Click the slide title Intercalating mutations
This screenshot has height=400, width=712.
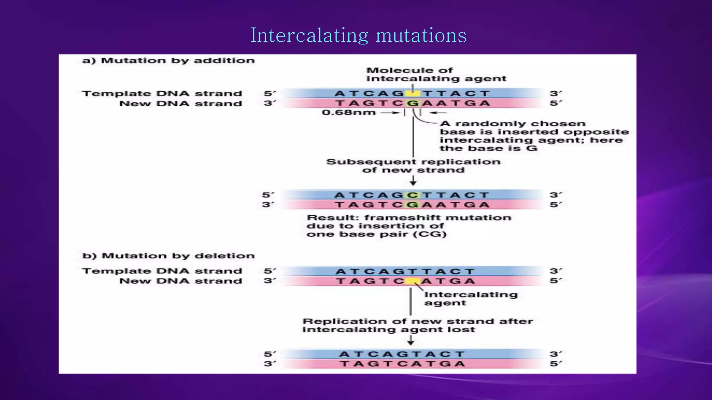pyautogui.click(x=358, y=35)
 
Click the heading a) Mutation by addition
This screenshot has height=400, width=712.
pyautogui.click(x=168, y=60)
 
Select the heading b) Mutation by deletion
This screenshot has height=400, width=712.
pyautogui.click(x=168, y=256)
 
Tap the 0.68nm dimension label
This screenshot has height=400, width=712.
pyautogui.click(x=349, y=112)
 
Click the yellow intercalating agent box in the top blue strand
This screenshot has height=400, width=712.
pyautogui.click(x=413, y=93)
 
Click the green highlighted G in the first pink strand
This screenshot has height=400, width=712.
pyautogui.click(x=413, y=103)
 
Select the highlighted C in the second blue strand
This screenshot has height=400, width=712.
pyautogui.click(x=413, y=195)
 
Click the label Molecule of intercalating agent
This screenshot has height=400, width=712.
pyautogui.click(x=436, y=75)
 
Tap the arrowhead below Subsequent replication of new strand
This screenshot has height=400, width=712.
pyautogui.click(x=413, y=183)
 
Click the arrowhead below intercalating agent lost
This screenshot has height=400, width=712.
pyautogui.click(x=411, y=342)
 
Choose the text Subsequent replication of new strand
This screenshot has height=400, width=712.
pyautogui.click(x=413, y=166)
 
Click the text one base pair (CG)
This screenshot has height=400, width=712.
pyautogui.click(x=377, y=234)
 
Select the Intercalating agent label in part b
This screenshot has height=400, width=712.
pyautogui.click(x=471, y=299)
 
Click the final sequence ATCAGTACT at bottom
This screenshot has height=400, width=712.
pyautogui.click(x=402, y=354)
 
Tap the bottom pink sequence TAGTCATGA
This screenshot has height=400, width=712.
pyautogui.click(x=402, y=364)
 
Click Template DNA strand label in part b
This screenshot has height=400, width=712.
pyautogui.click(x=162, y=271)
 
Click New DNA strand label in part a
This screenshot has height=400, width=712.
pyautogui.click(x=180, y=104)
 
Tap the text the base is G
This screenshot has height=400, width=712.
pyautogui.click(x=488, y=149)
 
